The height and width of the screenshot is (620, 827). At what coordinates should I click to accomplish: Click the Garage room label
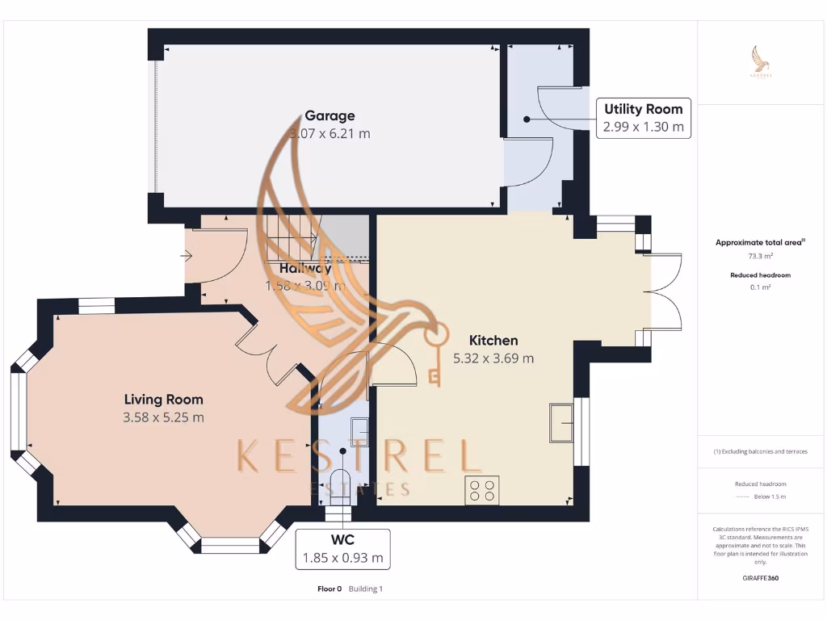pyautogui.click(x=330, y=115)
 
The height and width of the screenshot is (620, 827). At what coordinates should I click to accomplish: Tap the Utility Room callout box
pyautogui.click(x=644, y=118)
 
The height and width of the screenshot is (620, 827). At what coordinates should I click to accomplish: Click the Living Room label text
pyautogui.click(x=163, y=400)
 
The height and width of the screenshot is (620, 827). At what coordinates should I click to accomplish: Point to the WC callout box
pyautogui.click(x=342, y=549)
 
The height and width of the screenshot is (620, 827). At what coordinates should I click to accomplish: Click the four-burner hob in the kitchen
pyautogui.click(x=482, y=491)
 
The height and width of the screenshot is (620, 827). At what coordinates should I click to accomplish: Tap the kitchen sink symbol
pyautogui.click(x=561, y=422)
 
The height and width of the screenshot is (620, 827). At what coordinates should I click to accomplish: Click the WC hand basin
pyautogui.click(x=359, y=432)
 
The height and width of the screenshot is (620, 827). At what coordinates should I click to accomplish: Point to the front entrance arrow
pyautogui.click(x=187, y=257)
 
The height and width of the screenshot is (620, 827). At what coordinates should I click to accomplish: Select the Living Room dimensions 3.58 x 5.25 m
pyautogui.click(x=163, y=417)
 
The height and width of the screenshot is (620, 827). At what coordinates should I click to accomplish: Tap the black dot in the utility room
pyautogui.click(x=527, y=119)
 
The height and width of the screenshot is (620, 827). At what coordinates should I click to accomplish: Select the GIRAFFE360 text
pyautogui.click(x=760, y=578)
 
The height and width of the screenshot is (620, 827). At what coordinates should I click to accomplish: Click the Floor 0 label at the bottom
pyautogui.click(x=330, y=589)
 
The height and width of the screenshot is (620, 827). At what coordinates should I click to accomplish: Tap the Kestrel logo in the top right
pyautogui.click(x=760, y=63)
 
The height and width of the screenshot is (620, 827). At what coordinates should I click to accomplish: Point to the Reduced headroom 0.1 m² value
pyautogui.click(x=760, y=287)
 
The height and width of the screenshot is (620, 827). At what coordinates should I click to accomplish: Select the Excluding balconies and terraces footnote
pyautogui.click(x=760, y=451)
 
